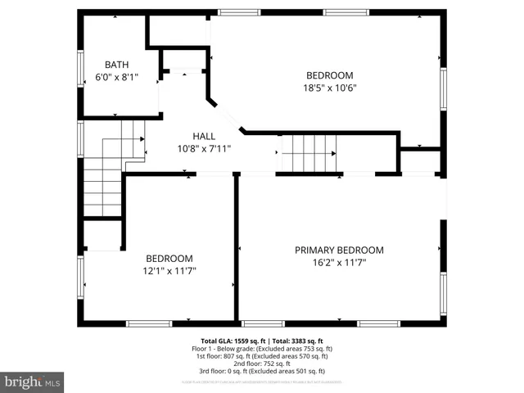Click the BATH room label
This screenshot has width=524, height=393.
pyautogui.click(x=116, y=65)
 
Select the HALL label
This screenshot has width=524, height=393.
pyautogui.click(x=204, y=136)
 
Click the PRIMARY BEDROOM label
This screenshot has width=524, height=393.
pyautogui.click(x=339, y=250)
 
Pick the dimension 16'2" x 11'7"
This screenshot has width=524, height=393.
pyautogui.click(x=339, y=263)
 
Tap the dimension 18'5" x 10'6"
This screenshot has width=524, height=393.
pyautogui.click(x=330, y=88)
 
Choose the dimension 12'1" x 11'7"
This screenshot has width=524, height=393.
pyautogui.click(x=169, y=270)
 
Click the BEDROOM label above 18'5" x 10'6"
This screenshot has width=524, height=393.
pyautogui.click(x=330, y=75)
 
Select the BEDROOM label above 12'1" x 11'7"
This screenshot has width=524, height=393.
pyautogui.click(x=169, y=258)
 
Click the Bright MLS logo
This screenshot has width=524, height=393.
pyautogui.click(x=33, y=382)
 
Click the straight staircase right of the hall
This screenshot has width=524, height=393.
pyautogui.click(x=309, y=153)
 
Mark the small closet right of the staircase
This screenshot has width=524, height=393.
pyautogui.click(x=419, y=160)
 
